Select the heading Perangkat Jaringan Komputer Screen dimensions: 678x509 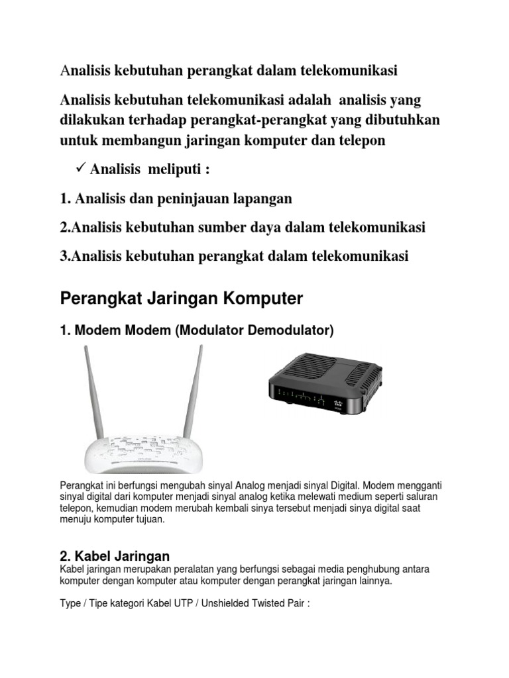(181, 299)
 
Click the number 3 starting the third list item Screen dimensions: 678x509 (64, 256)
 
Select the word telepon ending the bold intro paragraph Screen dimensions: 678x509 (362, 142)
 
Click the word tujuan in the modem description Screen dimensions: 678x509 (146, 520)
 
